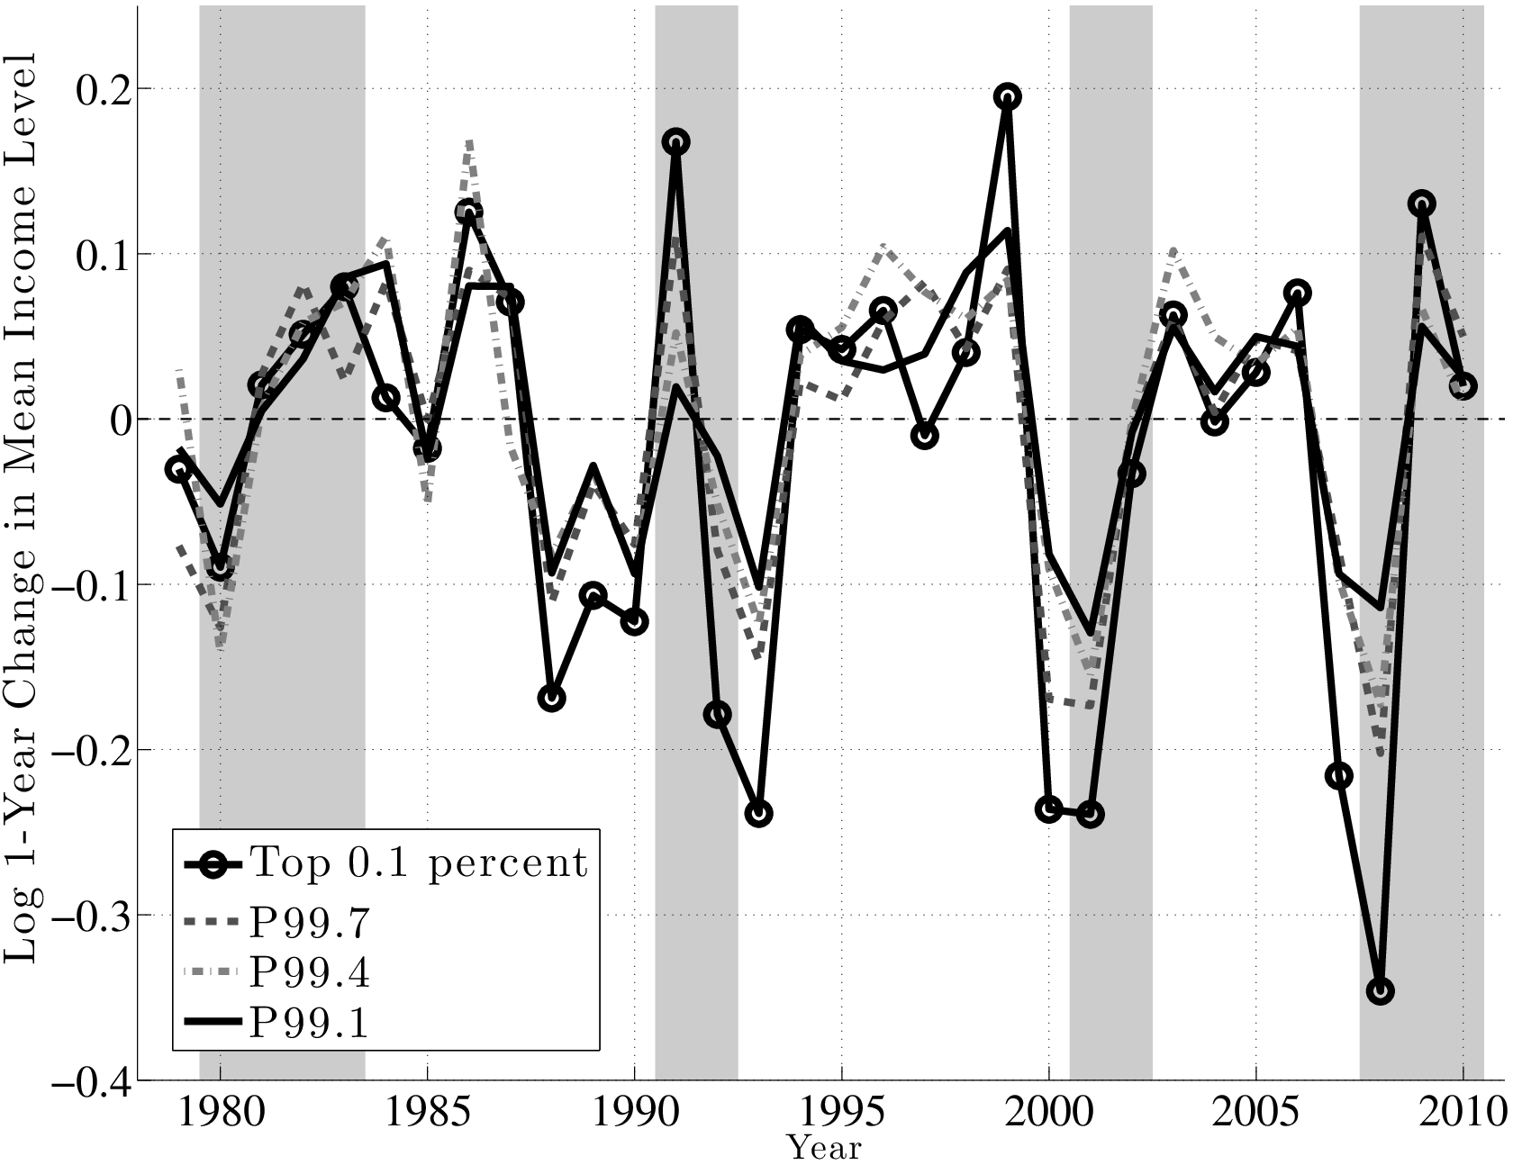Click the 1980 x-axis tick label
coord(220,1114)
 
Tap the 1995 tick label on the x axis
coord(841,1114)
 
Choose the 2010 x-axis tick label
coord(1463,1114)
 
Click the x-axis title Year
coord(824,1149)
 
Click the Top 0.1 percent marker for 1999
coord(1007,96)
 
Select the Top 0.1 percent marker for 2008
coord(1381,991)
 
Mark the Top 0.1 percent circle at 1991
coord(675,141)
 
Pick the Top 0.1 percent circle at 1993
coord(758,814)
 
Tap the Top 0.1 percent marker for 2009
coord(1422,203)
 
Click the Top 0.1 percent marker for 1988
coord(551,699)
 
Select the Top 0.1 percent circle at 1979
coord(178,469)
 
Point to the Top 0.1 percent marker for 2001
coord(1090,815)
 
